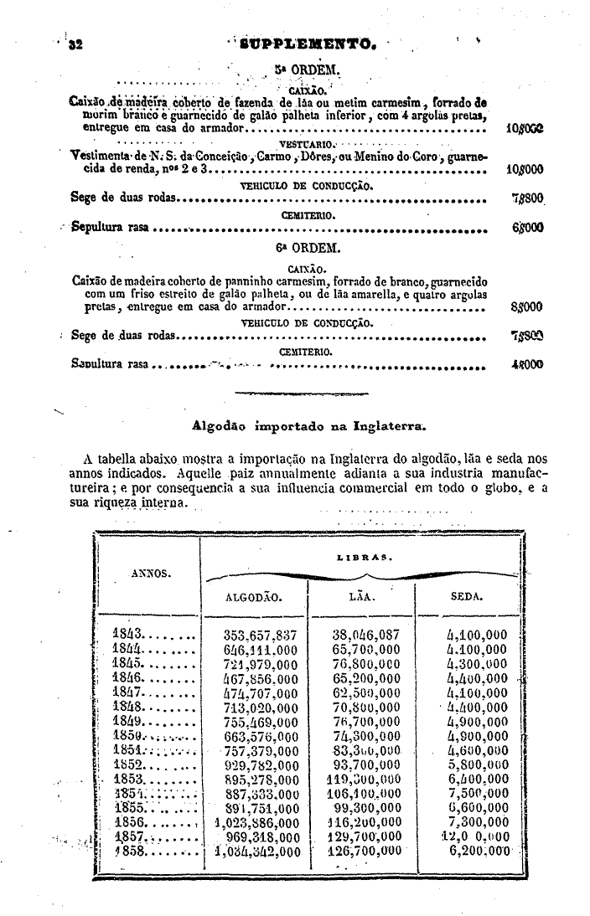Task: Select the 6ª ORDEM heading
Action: pyautogui.click(x=296, y=248)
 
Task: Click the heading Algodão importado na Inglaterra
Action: pyautogui.click(x=309, y=425)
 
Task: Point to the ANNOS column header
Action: pyautogui.click(x=151, y=574)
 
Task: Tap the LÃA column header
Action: pyautogui.click(x=362, y=598)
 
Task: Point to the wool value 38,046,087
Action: pyautogui.click(x=365, y=635)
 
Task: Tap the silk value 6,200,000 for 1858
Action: pyautogui.click(x=479, y=851)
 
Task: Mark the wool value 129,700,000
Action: pyautogui.click(x=365, y=836)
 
